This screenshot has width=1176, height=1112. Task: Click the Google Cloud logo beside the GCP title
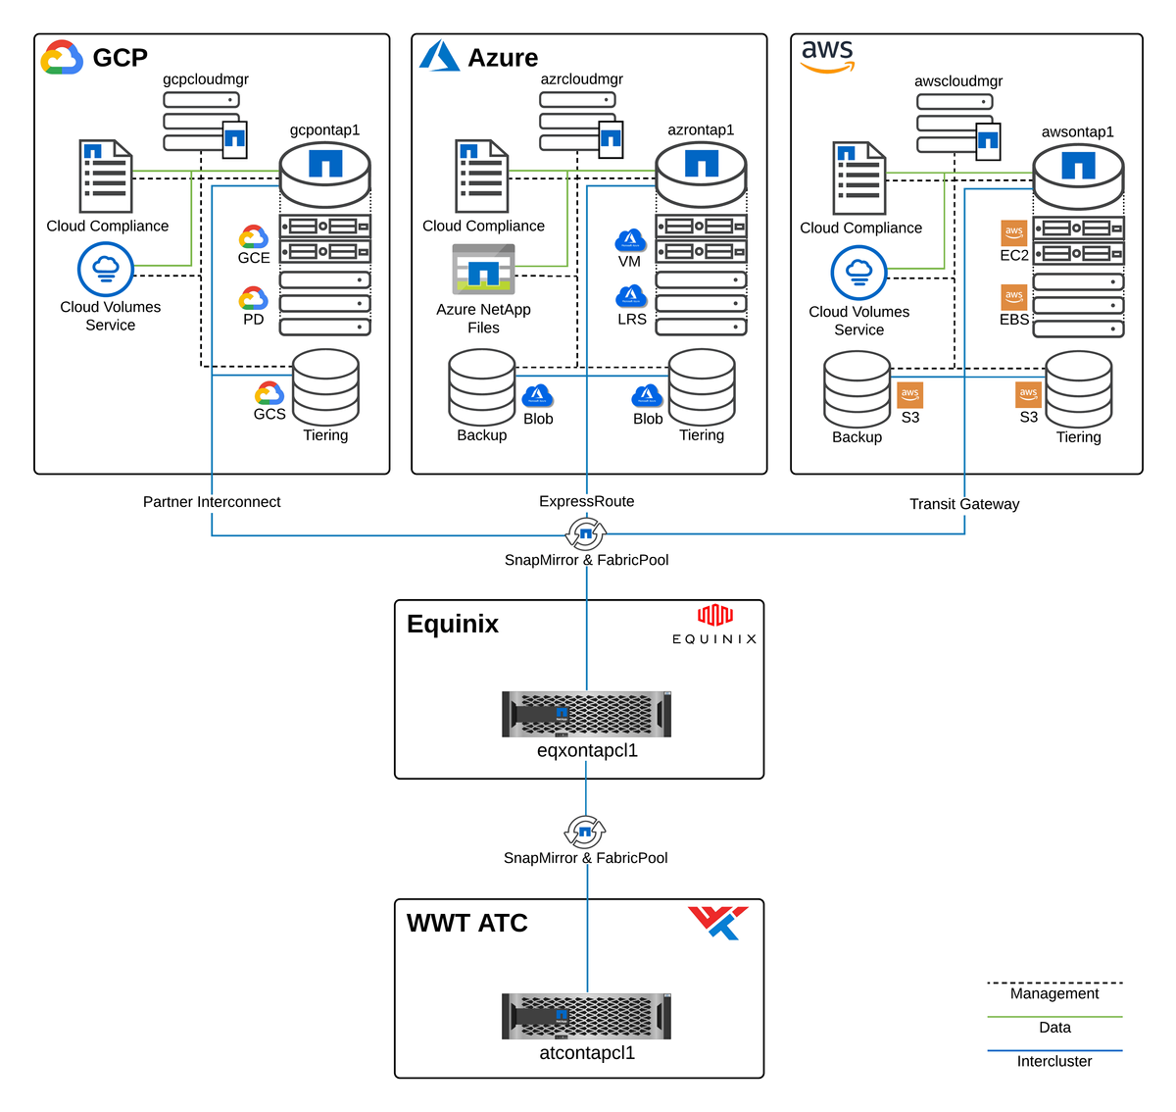click(62, 58)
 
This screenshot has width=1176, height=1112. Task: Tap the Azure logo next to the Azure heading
click(439, 56)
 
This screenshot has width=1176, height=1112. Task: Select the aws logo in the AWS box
click(827, 56)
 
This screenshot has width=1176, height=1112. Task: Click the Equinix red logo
click(714, 615)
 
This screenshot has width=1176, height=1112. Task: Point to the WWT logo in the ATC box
click(718, 922)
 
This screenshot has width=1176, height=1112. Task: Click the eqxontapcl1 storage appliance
click(586, 714)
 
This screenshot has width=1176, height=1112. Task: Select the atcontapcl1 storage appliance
click(586, 1016)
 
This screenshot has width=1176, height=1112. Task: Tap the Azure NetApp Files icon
click(483, 270)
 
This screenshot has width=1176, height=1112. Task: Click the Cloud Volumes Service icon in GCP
click(106, 269)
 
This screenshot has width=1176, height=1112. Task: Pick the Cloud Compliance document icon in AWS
click(859, 178)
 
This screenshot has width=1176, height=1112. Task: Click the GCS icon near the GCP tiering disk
click(269, 393)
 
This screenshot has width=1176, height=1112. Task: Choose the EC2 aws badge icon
click(1014, 232)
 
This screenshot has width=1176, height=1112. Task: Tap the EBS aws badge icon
click(1014, 296)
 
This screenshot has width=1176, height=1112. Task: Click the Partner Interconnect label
click(212, 502)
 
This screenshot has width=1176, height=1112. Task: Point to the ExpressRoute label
click(586, 501)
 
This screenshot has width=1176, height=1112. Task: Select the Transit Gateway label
click(964, 504)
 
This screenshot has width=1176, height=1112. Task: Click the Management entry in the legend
click(1054, 993)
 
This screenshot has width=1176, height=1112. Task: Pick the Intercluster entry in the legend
click(1054, 1061)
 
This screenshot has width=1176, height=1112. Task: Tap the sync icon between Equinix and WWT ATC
click(585, 833)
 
